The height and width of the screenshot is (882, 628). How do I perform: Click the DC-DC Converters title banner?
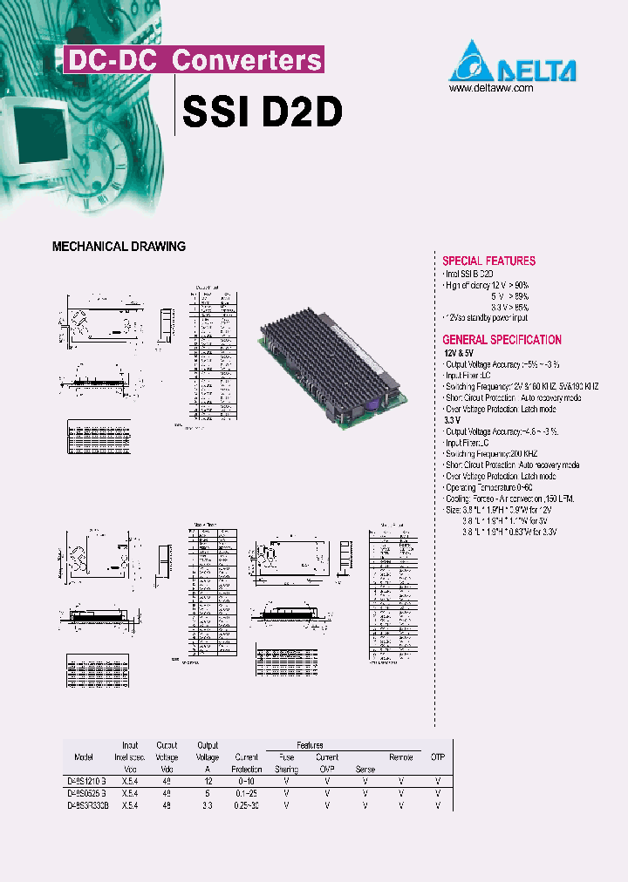194,60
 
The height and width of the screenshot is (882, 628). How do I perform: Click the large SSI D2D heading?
262,112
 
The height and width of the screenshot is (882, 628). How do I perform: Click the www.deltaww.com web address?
490,88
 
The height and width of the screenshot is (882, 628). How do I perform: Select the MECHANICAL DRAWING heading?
119,247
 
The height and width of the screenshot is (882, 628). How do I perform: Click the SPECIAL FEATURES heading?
488,261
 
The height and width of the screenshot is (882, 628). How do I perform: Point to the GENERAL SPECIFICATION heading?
502,340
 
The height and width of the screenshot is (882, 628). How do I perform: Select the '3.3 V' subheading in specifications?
454,420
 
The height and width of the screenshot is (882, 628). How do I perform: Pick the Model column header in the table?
84,757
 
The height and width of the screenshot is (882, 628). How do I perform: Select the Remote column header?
400,757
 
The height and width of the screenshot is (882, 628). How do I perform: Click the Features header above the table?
309,745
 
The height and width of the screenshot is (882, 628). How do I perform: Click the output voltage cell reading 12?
208,782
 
